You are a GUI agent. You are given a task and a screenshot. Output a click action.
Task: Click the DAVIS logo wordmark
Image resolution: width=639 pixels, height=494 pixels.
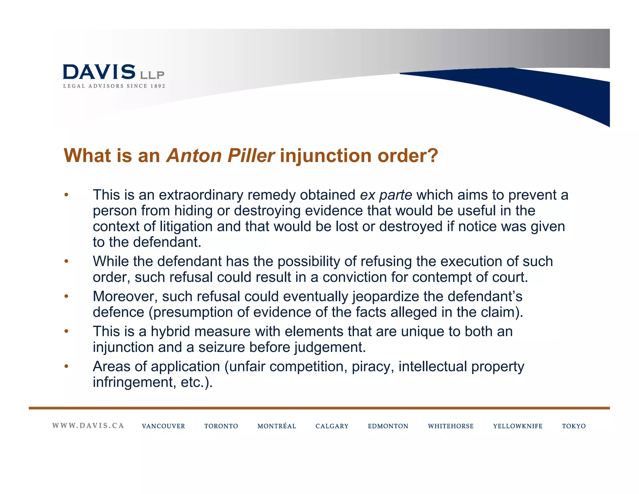(99, 72)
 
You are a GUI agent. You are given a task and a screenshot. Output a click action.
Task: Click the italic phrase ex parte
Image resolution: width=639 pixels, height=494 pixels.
(386, 195)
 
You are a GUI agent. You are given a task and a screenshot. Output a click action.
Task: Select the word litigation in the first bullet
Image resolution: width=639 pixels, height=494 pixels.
(186, 227)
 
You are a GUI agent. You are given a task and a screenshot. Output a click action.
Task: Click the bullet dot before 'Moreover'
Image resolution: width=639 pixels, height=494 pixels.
(66, 296)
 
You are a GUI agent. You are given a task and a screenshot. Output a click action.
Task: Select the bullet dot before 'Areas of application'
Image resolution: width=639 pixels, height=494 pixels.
(66, 366)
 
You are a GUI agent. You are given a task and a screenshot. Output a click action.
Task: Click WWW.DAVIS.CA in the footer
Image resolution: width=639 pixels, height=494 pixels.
(88, 426)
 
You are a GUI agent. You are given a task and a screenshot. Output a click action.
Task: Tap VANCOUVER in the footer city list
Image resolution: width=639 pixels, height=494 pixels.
(163, 426)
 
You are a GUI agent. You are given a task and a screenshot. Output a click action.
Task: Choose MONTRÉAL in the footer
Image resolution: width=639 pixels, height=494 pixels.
(276, 426)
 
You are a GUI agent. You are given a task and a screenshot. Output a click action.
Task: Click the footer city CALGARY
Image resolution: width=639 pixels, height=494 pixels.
(332, 426)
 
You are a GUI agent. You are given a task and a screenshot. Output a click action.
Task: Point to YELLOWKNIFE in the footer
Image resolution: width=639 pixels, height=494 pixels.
(518, 426)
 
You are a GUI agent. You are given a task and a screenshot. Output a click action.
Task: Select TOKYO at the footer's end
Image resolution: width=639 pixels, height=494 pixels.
(574, 426)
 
